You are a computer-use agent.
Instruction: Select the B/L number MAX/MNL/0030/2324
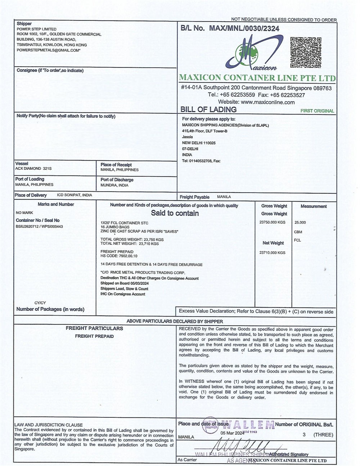tap(244, 28)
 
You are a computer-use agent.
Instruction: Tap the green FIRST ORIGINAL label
tap(317, 111)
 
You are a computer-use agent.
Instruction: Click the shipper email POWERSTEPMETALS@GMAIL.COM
tap(48, 50)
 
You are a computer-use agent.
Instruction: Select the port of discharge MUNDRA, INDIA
tap(114, 185)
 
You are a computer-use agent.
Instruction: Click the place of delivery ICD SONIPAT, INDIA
tap(75, 195)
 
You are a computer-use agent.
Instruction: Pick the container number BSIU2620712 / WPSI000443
tap(39, 227)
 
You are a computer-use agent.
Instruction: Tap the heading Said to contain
tap(175, 213)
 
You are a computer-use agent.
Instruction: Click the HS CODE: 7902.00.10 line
tap(119, 256)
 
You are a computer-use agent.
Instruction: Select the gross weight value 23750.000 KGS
tap(272, 222)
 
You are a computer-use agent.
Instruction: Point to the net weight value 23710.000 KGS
tap(272, 253)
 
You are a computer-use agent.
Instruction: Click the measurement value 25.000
tap(300, 223)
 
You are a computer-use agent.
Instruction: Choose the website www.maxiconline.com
tap(256, 102)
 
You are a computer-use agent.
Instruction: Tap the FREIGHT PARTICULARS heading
tap(94, 328)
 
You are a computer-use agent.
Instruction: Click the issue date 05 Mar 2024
tap(232, 433)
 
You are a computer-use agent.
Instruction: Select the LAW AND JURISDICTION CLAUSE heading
tap(49, 425)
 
